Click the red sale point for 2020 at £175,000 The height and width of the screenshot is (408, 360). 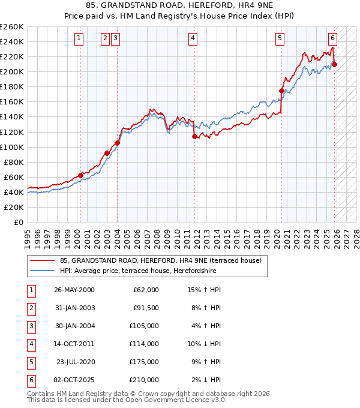point(281,91)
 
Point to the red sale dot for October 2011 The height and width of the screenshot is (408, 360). point(194,136)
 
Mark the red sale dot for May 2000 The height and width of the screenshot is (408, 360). point(80,175)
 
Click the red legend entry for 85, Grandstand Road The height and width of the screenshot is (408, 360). point(160,261)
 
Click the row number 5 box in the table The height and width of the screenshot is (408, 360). point(31,362)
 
